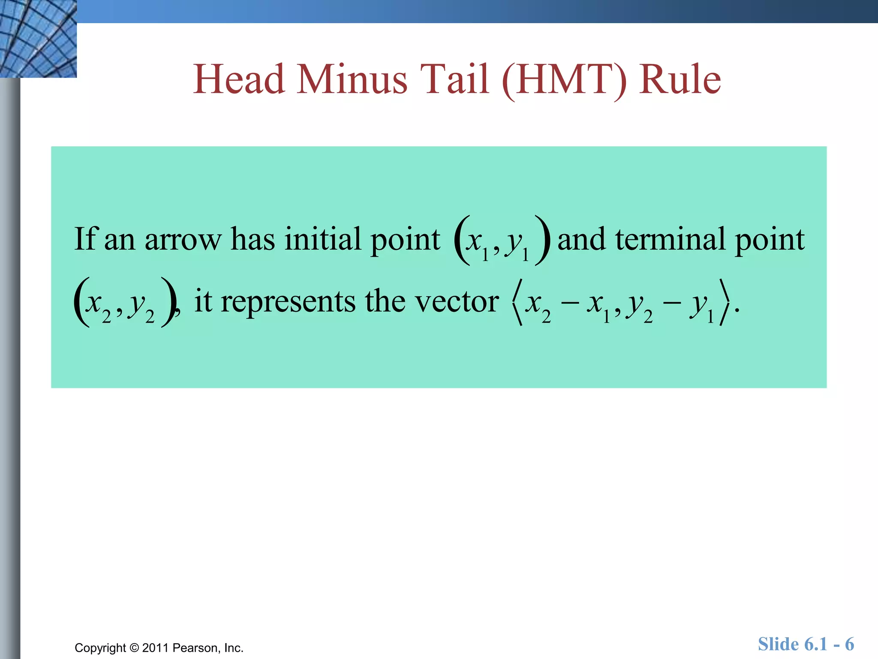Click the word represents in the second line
pyautogui.click(x=288, y=302)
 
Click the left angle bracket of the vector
pyautogui.click(x=517, y=302)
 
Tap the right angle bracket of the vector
pyautogui.click(x=724, y=302)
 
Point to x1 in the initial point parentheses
pyautogui.click(x=477, y=243)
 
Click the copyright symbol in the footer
pyautogui.click(x=134, y=647)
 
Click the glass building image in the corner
pyautogui.click(x=38, y=39)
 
